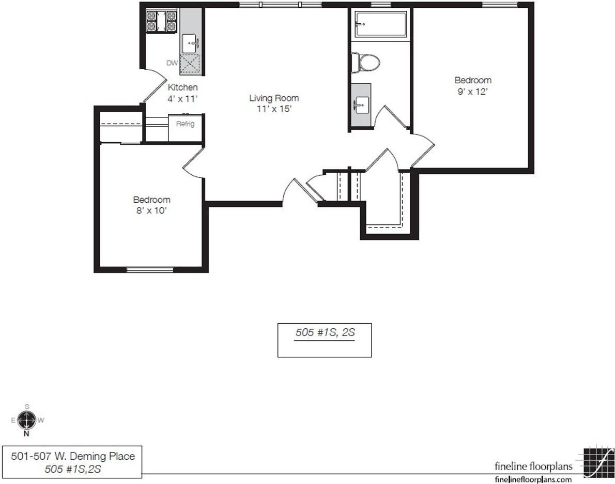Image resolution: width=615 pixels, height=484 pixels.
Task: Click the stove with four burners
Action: [x=162, y=21]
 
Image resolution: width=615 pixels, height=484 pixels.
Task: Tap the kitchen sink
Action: [x=191, y=43]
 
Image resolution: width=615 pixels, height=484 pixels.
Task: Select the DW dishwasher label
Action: [x=172, y=63]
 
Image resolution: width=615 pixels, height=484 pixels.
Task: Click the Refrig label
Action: [x=185, y=124]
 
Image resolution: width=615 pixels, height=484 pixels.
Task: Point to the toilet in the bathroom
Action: [x=365, y=63]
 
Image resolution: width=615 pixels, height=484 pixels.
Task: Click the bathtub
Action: [x=381, y=24]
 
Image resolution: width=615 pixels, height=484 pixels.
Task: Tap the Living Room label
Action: [x=274, y=98]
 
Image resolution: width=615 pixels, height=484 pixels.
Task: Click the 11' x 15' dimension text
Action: [x=274, y=109]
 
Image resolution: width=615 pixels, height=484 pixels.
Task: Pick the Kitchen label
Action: [x=183, y=87]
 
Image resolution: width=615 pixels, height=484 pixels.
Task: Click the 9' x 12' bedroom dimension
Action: [x=473, y=92]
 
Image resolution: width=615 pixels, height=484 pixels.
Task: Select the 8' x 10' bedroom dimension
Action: [x=152, y=210]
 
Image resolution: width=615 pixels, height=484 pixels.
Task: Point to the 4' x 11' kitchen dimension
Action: [x=182, y=99]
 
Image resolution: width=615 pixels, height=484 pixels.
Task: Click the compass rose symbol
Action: [x=27, y=420]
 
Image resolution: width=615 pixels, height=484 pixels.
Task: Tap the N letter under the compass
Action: [x=27, y=434]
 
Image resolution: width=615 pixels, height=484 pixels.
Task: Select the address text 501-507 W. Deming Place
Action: [x=73, y=456]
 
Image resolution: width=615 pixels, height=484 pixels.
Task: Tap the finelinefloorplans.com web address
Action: [x=533, y=479]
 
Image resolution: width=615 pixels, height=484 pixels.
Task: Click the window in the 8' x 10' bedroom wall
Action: [x=149, y=269]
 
